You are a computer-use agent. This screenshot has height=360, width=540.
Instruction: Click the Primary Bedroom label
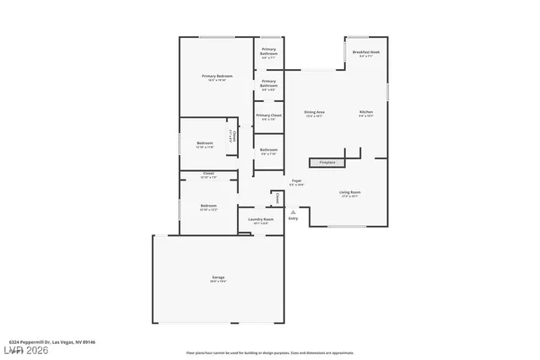217,77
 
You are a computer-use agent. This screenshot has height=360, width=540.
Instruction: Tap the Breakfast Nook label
365,52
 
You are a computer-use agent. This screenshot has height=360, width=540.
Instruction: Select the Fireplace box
327,162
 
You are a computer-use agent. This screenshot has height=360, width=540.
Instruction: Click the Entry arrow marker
293,212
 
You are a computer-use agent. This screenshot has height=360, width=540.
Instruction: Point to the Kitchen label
365,111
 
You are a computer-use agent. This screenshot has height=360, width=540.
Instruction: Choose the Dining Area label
315,111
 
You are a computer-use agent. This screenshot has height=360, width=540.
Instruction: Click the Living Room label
349,192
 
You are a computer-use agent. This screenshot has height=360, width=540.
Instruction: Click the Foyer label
296,180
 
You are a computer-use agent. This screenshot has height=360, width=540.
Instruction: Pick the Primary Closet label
268,116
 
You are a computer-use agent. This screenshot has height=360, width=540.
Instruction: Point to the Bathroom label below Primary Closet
268,150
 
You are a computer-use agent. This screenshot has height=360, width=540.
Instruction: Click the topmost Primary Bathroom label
268,51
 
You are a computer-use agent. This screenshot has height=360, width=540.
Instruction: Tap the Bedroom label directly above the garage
208,206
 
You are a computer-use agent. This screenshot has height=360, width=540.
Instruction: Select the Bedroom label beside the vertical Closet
205,143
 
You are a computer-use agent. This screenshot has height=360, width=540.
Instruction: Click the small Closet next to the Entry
277,197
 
